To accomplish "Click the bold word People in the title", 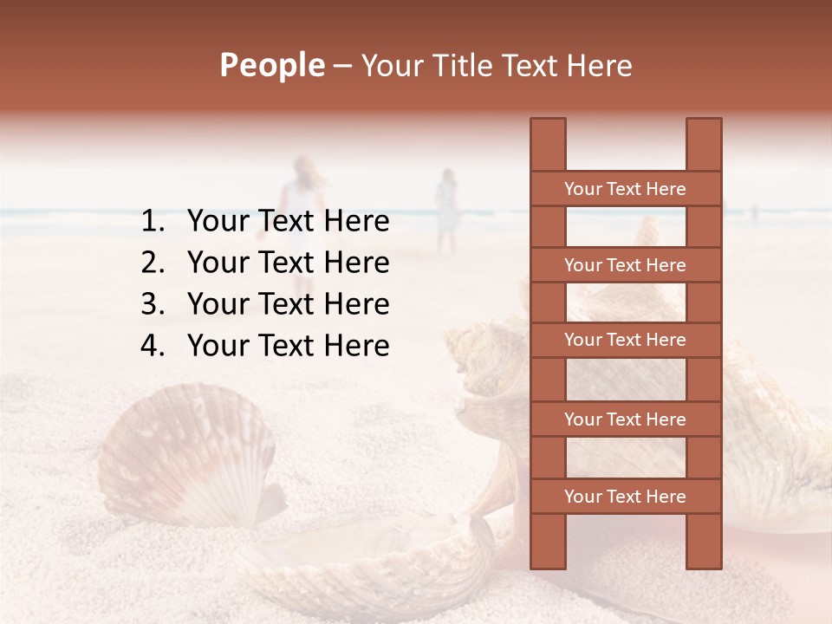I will click(271, 65).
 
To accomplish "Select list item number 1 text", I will click(288, 222).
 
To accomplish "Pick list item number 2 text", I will click(288, 263).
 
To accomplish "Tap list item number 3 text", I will click(288, 304).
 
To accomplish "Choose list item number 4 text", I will click(288, 346).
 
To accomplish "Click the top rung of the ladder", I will click(625, 189).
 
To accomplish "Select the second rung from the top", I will click(625, 265).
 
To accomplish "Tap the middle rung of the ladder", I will click(625, 341).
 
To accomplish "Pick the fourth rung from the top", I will click(625, 419).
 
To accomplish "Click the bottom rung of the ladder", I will click(625, 497).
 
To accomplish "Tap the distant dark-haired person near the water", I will click(446, 208).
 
